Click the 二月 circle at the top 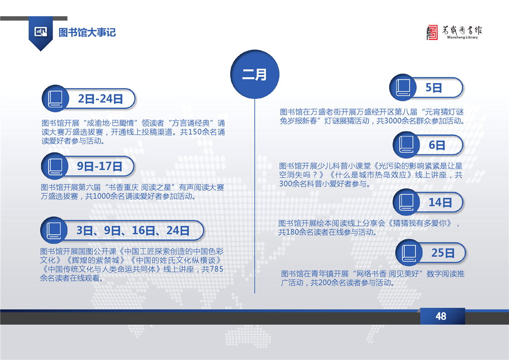tap(255, 74)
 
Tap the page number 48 tap(441, 316)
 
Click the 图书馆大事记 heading tap(87, 32)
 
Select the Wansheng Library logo tap(454, 32)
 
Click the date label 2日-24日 tap(100, 99)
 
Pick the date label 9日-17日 tap(99, 166)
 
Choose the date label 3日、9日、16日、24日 tap(133, 230)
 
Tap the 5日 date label tap(434, 88)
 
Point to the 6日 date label tap(436, 145)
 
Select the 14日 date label tap(440, 202)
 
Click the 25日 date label tap(443, 252)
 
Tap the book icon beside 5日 tap(403, 87)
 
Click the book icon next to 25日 tap(409, 253)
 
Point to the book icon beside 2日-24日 tap(55, 99)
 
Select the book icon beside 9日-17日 tap(55, 166)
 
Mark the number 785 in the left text tap(216, 269)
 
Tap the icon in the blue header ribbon tap(40, 32)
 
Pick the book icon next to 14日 tap(406, 202)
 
